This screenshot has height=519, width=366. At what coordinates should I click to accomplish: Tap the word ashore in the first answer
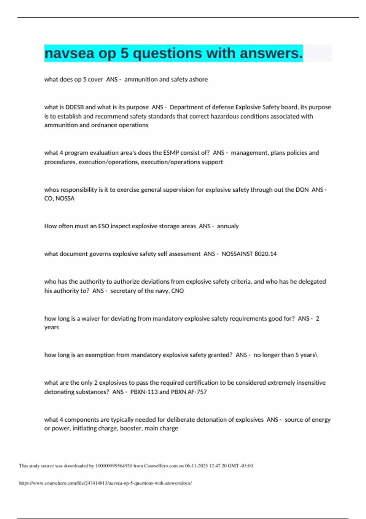[x=199, y=79]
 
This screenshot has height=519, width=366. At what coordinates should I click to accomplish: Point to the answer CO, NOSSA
[x=59, y=198]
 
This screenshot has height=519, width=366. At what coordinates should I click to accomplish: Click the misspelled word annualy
[x=228, y=226]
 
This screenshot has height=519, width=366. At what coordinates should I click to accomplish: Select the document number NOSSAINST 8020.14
[x=249, y=254]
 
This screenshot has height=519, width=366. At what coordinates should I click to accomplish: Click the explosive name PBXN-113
[x=144, y=392]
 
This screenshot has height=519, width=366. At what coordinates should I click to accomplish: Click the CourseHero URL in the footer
[x=106, y=483]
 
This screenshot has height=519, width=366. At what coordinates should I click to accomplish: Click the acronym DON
[x=302, y=190]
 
